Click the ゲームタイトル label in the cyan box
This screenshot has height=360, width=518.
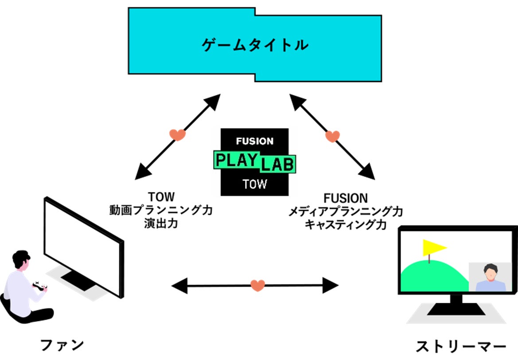coord(254,45)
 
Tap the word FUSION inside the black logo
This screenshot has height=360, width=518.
coord(255,141)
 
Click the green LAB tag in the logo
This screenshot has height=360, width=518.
coord(277,165)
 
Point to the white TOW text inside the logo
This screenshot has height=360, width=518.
coord(255,184)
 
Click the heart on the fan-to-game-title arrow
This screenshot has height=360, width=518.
coord(177,134)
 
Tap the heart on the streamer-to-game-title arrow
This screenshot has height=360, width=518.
coord(332,136)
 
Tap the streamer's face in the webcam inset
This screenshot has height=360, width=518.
coord(490,271)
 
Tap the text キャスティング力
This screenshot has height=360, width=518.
coord(345,224)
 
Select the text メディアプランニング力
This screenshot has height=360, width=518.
coord(346,211)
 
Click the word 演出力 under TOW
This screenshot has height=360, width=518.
coord(161,224)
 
